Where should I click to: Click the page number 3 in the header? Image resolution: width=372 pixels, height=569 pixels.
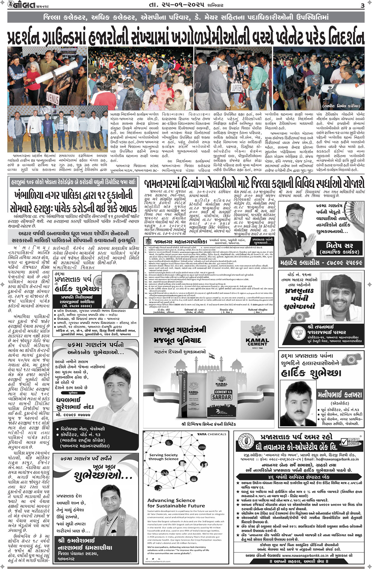click(362, 5)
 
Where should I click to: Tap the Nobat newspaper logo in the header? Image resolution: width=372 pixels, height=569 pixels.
click(19, 5)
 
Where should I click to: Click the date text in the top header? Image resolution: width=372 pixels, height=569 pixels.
click(186, 5)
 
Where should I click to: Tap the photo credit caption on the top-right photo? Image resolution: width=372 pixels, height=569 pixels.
click(342, 106)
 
